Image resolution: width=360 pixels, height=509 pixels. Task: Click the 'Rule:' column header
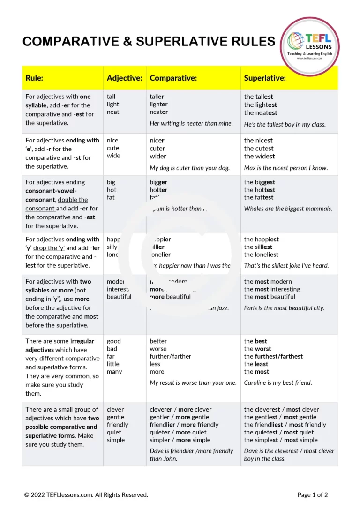pos(34,78)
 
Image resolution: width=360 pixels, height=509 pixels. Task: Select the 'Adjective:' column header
pos(124,78)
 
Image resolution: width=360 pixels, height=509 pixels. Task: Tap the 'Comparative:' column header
pos(173,78)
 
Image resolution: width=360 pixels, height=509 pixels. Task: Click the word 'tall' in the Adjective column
pos(111,97)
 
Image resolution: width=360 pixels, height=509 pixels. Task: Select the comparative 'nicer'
pos(157,141)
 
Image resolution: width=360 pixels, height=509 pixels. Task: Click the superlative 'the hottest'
pos(259,190)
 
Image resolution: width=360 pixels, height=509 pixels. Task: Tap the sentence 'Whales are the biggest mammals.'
pos(288,209)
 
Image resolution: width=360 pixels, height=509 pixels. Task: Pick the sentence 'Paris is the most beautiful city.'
pos(284,308)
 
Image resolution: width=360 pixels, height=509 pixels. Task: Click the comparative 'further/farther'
pos(170,356)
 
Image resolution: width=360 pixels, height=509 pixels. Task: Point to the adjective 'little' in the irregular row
pos(113,364)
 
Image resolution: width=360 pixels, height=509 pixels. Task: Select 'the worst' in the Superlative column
pos(256,349)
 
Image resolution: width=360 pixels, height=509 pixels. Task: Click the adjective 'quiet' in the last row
pos(114,432)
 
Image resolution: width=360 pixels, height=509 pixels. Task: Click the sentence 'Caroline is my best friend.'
pos(277,382)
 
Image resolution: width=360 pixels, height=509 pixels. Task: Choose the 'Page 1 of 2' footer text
pos(312,494)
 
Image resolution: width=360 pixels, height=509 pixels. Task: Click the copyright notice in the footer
pos(86,494)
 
